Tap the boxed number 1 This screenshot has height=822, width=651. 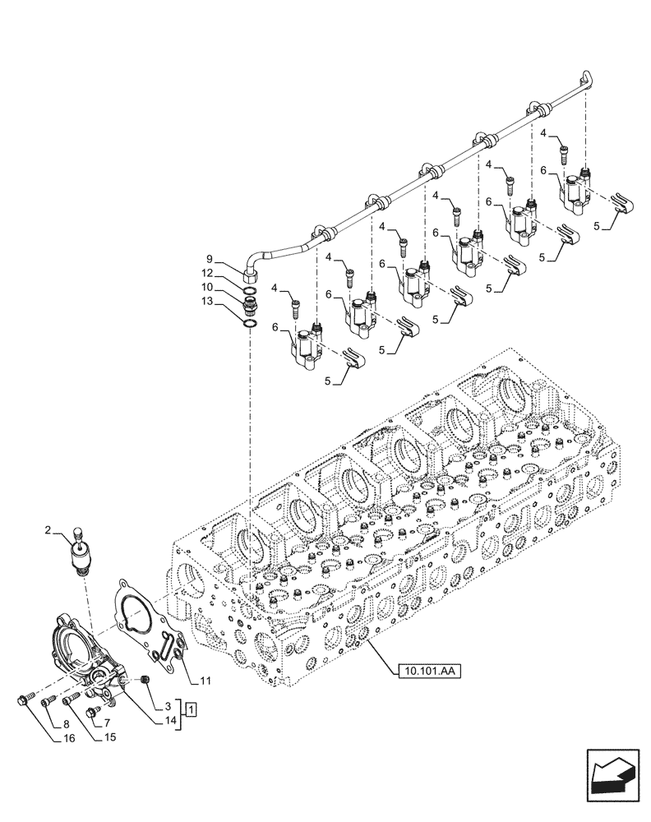(190, 709)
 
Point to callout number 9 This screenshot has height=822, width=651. (210, 256)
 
